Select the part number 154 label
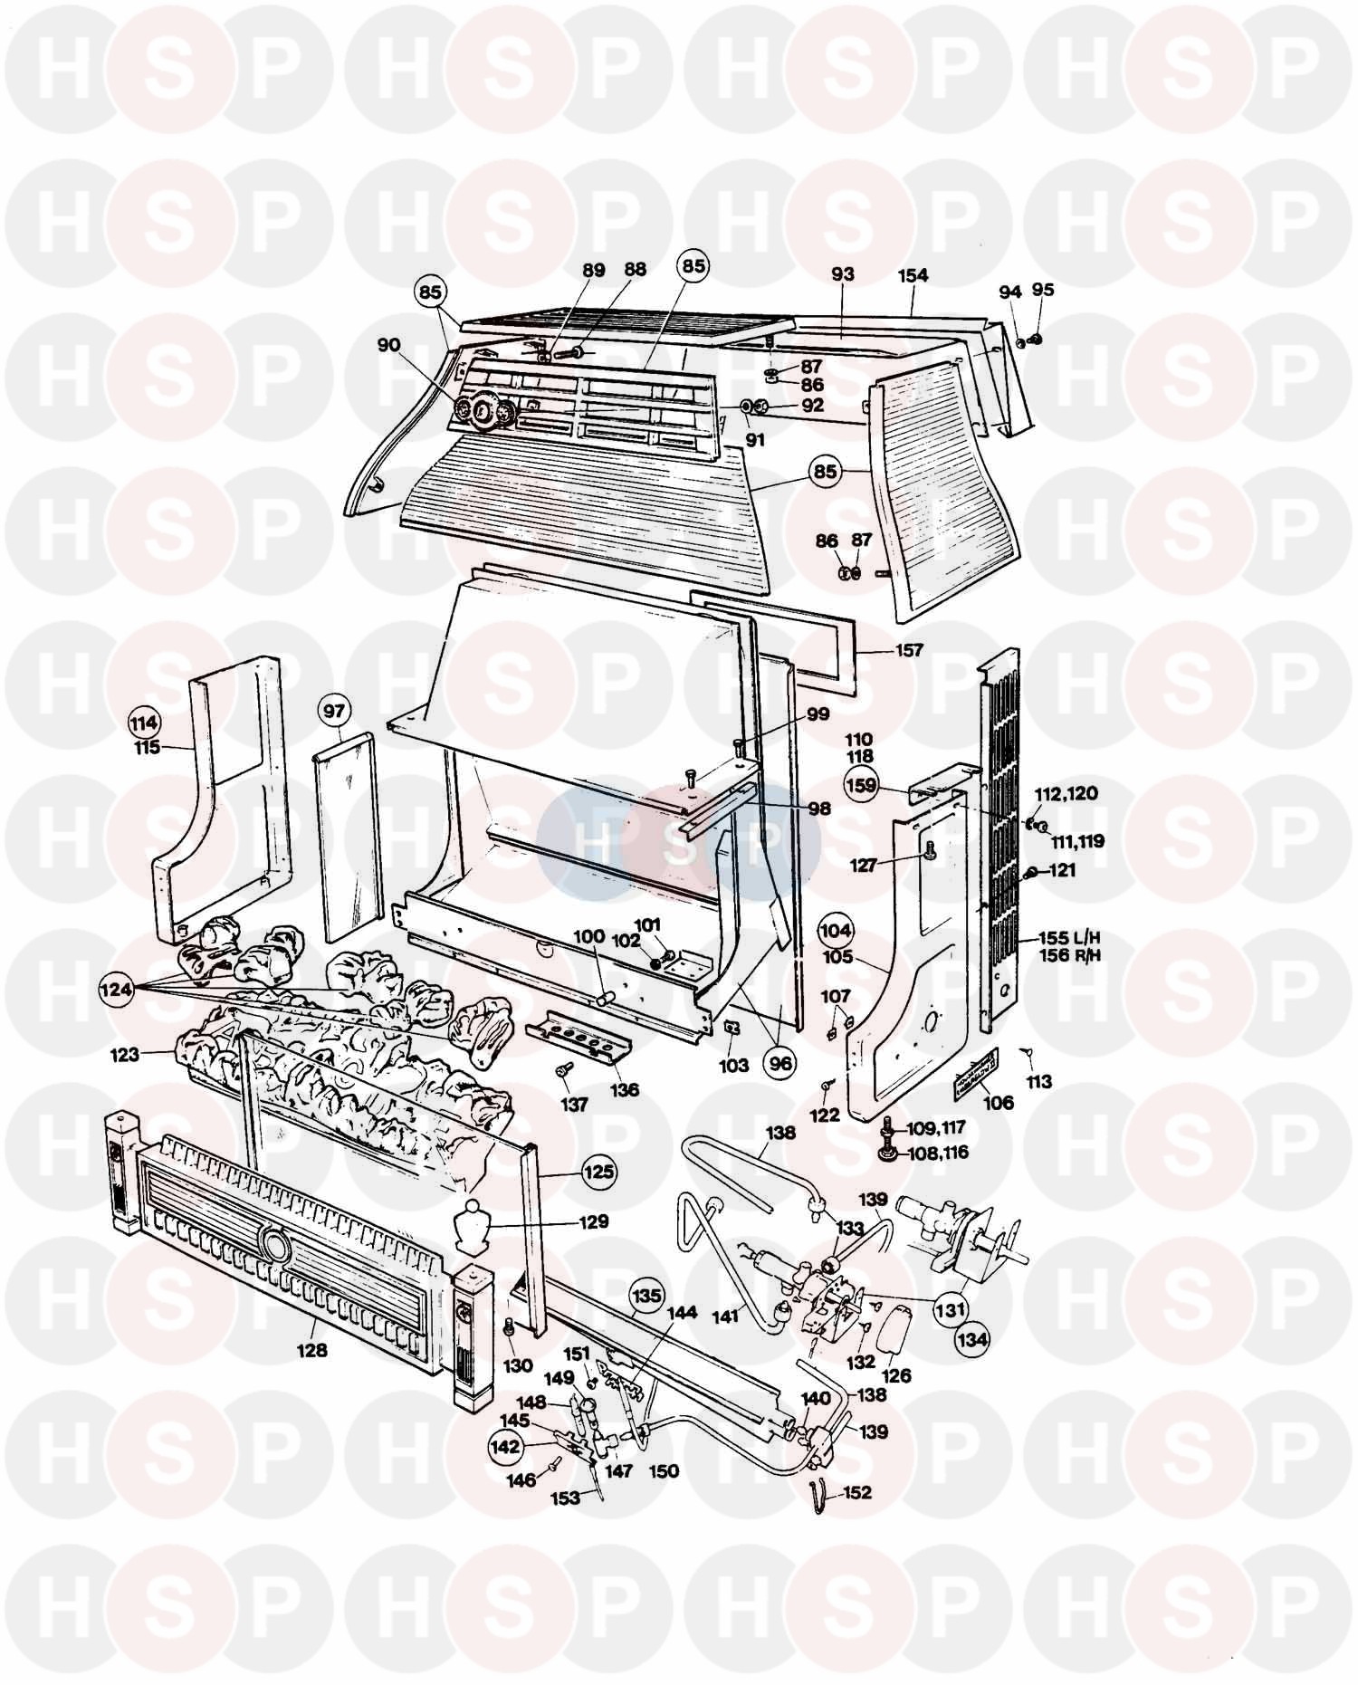point(913,275)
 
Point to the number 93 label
point(842,273)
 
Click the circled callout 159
point(860,784)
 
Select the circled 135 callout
point(646,1296)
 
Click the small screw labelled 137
point(562,1070)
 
